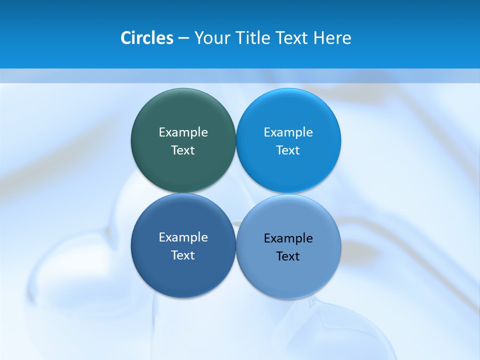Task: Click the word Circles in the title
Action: (147, 38)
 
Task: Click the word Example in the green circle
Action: (183, 132)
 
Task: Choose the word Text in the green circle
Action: (183, 150)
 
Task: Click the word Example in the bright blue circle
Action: (288, 132)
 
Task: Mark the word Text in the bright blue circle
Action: (288, 150)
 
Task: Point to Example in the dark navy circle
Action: (183, 237)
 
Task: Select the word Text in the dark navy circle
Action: (183, 255)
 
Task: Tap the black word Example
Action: (288, 238)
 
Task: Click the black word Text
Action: (288, 256)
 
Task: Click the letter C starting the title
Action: (126, 38)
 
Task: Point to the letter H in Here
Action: (318, 38)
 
